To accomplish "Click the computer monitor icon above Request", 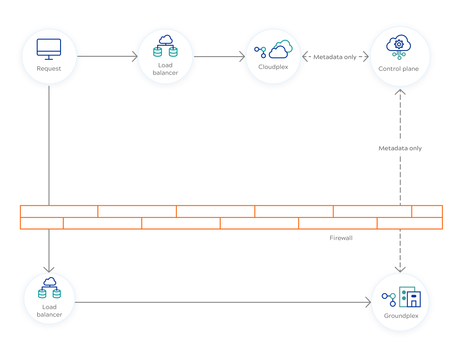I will coord(49,49).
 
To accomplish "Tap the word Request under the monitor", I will coord(49,69).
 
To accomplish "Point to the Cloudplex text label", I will coord(273,67).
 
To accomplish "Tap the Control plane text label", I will coord(398,69).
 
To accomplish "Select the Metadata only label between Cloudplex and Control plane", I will coord(335,57).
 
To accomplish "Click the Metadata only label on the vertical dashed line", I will coord(400,148).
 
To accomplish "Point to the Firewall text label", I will coord(341,238).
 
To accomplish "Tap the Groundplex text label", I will coord(401,316).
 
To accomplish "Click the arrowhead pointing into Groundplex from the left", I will coord(368,302).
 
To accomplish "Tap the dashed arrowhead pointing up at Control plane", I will coord(400,92).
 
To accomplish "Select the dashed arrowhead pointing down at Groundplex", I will coord(400,269).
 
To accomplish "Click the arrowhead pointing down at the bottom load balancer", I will coord(49,270).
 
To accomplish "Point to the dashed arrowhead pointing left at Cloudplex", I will coord(305,56).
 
